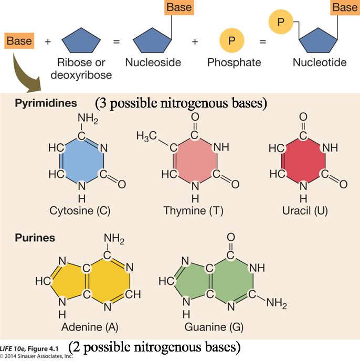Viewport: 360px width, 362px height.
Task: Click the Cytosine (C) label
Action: (80, 211)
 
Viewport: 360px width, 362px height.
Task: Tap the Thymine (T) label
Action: (195, 211)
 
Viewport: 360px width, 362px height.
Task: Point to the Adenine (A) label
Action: (90, 327)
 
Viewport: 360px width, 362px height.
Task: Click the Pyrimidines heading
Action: (46, 103)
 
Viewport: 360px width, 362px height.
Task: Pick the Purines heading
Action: (35, 238)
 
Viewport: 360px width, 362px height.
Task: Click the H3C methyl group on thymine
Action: (147, 136)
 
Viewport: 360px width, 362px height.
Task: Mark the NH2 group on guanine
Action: (276, 303)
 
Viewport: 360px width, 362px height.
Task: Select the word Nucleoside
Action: (153, 62)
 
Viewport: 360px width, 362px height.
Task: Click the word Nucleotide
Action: (320, 62)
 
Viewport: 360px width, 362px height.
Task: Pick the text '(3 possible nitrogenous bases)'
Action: (181, 103)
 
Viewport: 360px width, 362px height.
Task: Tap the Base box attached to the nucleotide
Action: (344, 8)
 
